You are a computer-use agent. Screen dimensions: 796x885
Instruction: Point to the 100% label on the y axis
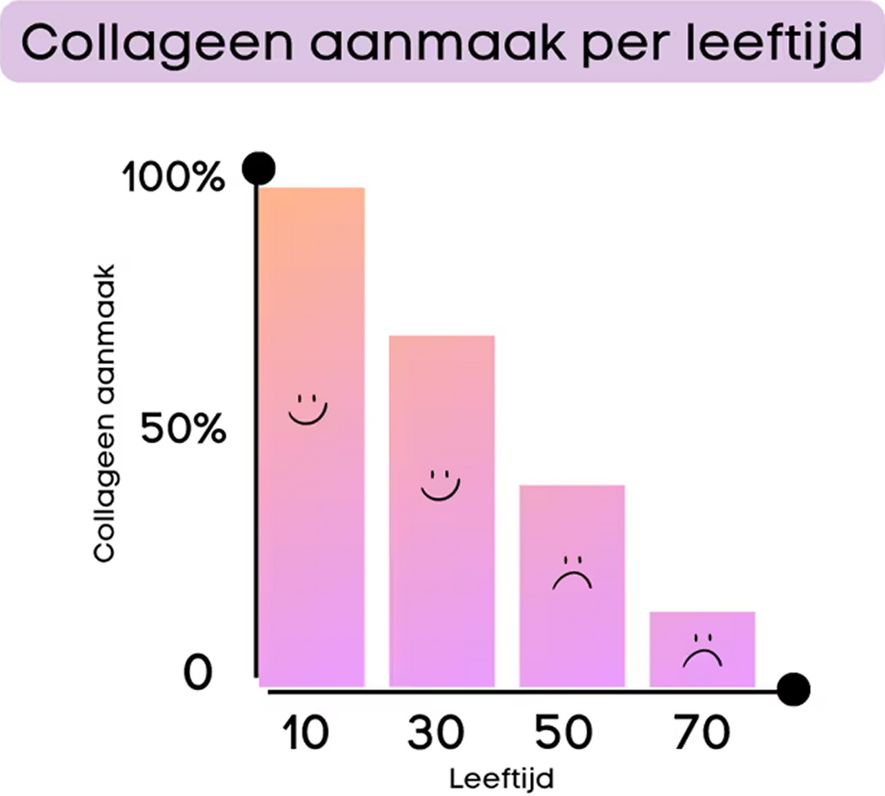click(174, 179)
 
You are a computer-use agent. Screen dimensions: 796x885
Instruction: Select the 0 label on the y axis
click(198, 672)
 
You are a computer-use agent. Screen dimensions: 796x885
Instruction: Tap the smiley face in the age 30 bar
click(439, 485)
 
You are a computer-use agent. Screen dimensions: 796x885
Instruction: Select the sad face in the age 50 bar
click(572, 573)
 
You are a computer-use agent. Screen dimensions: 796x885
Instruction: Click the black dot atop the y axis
click(259, 169)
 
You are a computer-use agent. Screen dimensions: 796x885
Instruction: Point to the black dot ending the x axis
click(794, 689)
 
